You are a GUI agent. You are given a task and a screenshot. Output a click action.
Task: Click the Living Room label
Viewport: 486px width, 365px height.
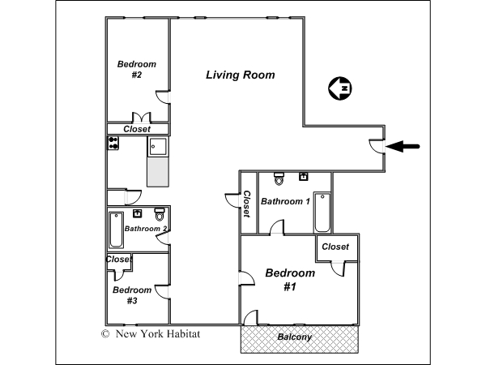click(x=241, y=75)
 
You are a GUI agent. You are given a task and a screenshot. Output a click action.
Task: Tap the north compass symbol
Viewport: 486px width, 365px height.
click(x=339, y=88)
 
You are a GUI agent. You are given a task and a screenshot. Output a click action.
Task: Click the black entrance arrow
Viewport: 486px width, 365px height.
click(x=403, y=146)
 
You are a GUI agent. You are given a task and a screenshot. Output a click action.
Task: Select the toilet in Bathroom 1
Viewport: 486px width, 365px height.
click(x=279, y=178)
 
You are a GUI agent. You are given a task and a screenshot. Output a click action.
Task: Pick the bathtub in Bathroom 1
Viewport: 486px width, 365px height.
click(x=322, y=213)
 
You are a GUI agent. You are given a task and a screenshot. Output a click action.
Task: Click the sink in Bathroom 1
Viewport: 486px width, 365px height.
click(x=304, y=176)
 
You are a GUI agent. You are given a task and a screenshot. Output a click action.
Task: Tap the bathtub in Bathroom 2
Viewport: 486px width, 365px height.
click(x=116, y=230)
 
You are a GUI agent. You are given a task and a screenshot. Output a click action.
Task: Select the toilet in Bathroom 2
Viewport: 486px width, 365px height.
click(x=160, y=214)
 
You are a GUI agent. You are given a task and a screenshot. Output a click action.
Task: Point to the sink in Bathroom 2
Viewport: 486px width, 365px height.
click(x=138, y=213)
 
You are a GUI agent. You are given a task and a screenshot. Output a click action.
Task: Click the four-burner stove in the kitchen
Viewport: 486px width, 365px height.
click(x=113, y=143)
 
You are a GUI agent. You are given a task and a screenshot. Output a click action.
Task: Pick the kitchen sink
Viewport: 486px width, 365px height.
click(x=158, y=147)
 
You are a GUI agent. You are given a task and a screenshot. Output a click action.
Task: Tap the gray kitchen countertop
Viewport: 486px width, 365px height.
click(x=158, y=172)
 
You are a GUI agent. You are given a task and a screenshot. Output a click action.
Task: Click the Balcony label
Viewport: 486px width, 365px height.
click(x=295, y=337)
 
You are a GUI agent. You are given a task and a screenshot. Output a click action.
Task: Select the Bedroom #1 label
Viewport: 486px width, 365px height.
click(x=290, y=280)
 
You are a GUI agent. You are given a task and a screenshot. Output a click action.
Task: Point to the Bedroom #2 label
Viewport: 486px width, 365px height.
click(x=137, y=70)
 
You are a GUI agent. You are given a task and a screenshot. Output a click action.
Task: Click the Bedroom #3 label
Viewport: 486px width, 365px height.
click(x=132, y=295)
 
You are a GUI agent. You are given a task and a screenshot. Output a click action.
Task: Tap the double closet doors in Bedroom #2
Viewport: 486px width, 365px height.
click(x=142, y=118)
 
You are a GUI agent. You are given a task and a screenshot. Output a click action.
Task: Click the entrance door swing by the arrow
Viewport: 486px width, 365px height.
click(x=377, y=146)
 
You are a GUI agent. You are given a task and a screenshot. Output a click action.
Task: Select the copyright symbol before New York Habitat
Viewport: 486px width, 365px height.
click(x=105, y=334)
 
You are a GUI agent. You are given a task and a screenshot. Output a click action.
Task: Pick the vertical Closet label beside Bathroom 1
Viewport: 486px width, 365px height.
click(x=246, y=204)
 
